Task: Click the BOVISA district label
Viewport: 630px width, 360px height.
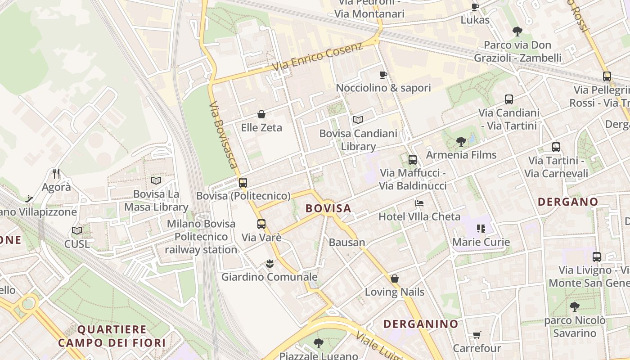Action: point(328,208)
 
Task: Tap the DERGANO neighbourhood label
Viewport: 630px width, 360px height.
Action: point(568,202)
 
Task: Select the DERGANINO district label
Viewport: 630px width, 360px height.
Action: point(421,324)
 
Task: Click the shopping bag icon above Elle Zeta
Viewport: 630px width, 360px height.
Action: point(261,114)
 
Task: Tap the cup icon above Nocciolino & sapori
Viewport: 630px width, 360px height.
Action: point(383,75)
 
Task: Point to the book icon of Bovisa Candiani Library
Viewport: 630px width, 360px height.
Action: point(358,120)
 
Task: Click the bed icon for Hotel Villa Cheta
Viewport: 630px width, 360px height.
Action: point(419,203)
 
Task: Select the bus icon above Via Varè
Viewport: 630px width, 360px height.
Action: point(261,224)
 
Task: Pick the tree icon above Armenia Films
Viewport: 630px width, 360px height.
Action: point(461,142)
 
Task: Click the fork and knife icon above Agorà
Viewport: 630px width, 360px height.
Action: point(56,174)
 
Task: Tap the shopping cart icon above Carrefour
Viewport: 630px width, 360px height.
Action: point(477,335)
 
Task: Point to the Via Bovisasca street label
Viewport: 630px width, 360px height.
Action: point(223,135)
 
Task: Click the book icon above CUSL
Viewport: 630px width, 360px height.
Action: point(77,231)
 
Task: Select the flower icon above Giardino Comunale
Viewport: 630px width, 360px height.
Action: point(270,264)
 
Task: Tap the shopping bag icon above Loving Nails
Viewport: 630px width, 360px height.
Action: point(395,279)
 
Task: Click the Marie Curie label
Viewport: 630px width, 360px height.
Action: point(481,242)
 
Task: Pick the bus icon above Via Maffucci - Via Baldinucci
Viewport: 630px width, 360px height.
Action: point(413,160)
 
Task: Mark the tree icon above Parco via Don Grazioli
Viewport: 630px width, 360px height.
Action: point(517,31)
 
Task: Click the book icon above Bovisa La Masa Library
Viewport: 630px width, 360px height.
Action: point(156,181)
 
